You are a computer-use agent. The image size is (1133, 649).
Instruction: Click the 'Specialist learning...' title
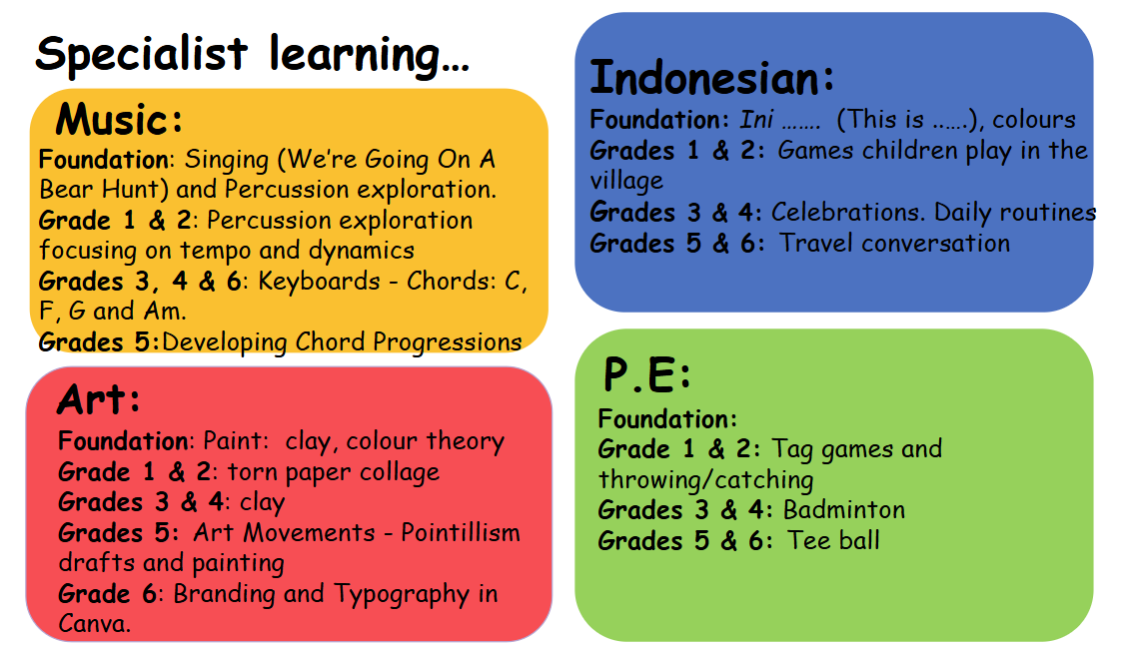tap(252, 55)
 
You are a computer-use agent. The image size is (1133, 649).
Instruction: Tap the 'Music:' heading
tap(119, 119)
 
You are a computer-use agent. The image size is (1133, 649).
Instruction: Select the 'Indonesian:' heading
tap(711, 77)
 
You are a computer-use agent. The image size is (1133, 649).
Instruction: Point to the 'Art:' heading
tap(98, 399)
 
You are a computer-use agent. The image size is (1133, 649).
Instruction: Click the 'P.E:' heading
tap(647, 374)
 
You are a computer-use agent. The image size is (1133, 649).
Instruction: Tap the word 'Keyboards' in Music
tap(319, 281)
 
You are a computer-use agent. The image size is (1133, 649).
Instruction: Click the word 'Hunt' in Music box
tap(130, 189)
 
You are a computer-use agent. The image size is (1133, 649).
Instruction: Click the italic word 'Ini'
tap(756, 119)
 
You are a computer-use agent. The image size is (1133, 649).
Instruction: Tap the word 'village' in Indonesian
tap(626, 181)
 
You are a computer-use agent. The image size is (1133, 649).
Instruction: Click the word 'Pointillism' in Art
tap(461, 532)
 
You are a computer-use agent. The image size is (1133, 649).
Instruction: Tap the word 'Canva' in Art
tap(94, 623)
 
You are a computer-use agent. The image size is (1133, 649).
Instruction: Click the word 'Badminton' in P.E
tap(844, 509)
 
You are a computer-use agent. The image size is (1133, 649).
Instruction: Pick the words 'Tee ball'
tap(834, 540)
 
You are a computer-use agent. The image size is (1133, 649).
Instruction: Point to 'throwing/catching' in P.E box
tap(706, 479)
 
